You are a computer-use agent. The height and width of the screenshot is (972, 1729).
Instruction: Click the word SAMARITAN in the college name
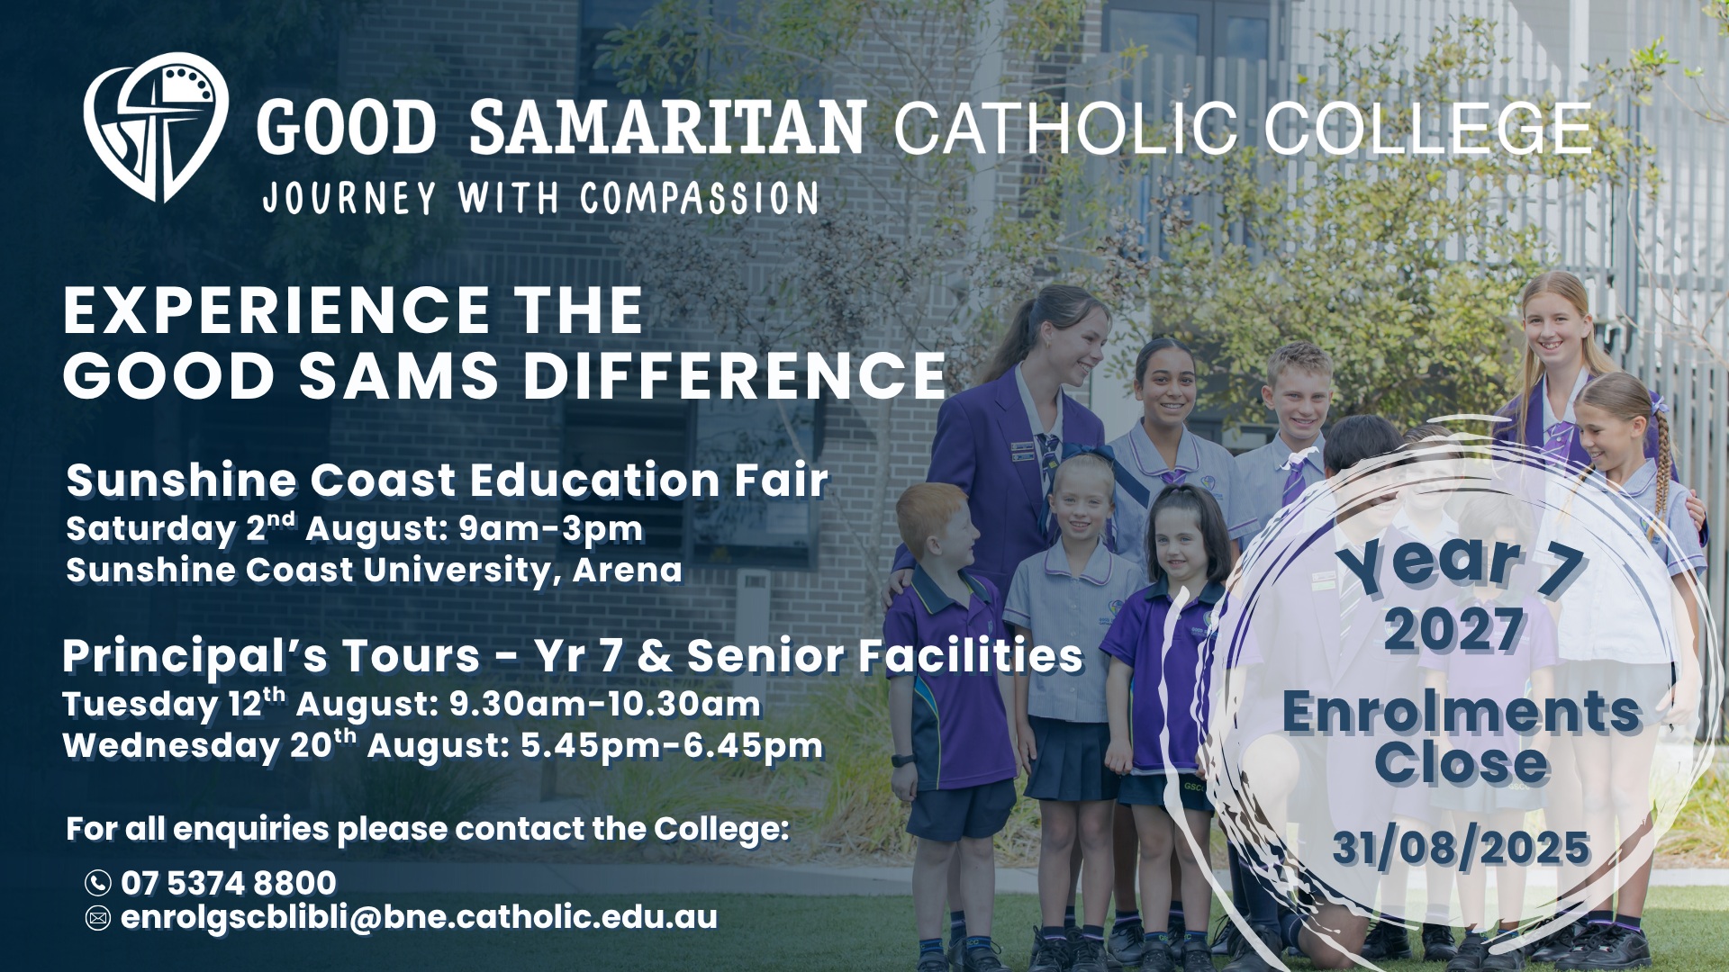pos(667,128)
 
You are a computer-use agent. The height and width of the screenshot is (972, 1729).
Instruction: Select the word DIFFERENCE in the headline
pos(735,375)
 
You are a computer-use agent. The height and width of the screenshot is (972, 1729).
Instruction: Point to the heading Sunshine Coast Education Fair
pos(447,480)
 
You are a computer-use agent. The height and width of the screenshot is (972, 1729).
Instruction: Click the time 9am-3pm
pos(551,529)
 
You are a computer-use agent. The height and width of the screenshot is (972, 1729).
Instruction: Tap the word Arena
pos(628,570)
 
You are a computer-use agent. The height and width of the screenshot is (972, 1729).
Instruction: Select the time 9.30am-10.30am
pos(605,704)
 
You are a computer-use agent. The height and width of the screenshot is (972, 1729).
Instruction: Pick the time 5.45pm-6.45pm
pos(672,745)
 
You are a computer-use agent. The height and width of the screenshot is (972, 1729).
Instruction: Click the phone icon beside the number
pos(97,883)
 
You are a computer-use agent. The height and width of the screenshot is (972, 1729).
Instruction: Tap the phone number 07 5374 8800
pos(229,883)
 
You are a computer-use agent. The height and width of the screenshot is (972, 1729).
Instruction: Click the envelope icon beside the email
pos(97,918)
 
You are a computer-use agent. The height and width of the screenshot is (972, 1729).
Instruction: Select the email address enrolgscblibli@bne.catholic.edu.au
pos(420,918)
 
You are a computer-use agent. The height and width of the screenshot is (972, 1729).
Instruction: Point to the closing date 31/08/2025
pos(1461,848)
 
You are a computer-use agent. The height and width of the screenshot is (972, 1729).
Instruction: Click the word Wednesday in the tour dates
pos(171,747)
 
